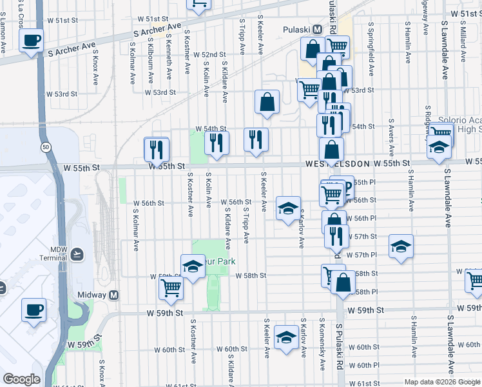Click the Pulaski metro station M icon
tap(317, 30)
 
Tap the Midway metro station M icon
tap(114, 295)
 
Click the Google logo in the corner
tap(21, 379)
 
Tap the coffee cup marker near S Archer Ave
tap(32, 41)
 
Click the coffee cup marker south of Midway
tap(34, 310)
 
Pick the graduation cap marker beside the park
tap(193, 266)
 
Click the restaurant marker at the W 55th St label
tap(156, 150)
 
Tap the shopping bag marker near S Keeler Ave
tap(267, 102)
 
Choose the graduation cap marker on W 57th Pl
tap(401, 246)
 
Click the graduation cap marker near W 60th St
tap(287, 337)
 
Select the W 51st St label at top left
tap(71, 20)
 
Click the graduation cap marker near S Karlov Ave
tap(288, 208)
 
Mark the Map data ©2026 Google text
tap(442, 382)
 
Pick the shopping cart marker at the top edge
tap(198, 4)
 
